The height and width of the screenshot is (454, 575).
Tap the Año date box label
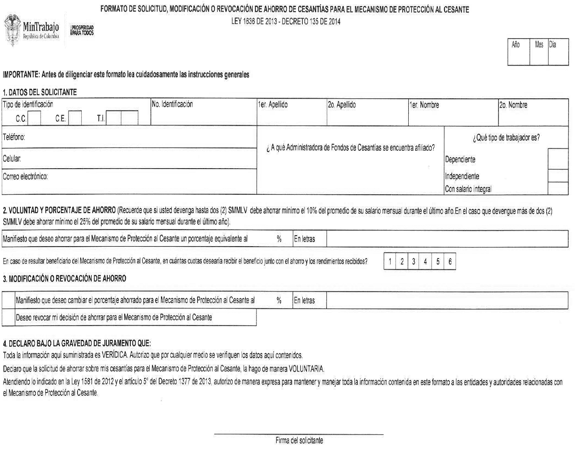[x=516, y=45]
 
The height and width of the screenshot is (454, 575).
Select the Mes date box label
[x=539, y=45]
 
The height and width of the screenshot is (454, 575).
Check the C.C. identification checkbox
[x=34, y=118]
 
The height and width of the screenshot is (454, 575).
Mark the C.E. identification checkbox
[x=75, y=118]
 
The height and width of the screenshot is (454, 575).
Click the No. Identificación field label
[x=172, y=104]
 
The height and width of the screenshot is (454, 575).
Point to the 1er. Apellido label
[x=273, y=105]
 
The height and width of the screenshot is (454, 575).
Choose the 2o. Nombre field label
[x=514, y=105]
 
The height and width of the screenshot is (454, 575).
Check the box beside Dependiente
[x=558, y=159]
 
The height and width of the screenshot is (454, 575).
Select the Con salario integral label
[x=468, y=189]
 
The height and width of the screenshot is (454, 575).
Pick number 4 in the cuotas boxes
[x=426, y=262]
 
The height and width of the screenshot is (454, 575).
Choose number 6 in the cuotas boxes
[x=450, y=262]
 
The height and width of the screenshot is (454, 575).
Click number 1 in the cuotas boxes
[x=390, y=262]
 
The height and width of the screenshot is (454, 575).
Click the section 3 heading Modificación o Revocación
[x=65, y=279]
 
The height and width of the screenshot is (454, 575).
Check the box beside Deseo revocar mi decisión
[x=9, y=317]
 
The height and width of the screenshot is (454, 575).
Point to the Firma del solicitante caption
[x=300, y=441]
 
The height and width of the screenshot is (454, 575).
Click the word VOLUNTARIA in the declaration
[x=306, y=368]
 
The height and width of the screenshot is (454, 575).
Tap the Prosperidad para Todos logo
[x=82, y=30]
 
